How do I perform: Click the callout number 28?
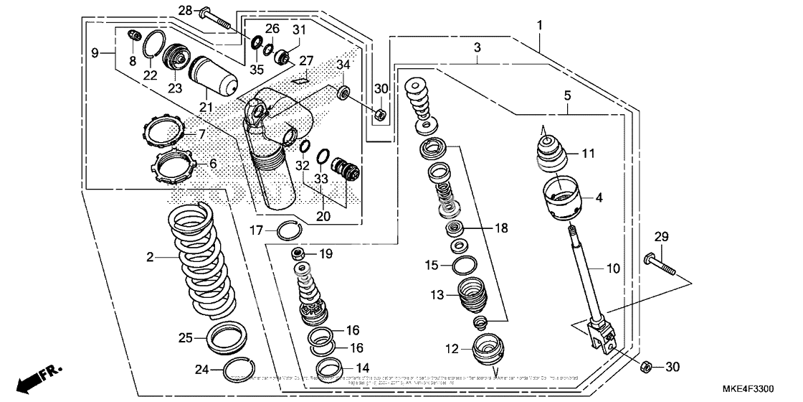pyautogui.click(x=185, y=10)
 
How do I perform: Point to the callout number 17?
pyautogui.click(x=257, y=230)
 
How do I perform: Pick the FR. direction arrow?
pyautogui.click(x=39, y=378)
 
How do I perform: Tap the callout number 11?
pyautogui.click(x=588, y=153)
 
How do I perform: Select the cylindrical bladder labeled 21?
pyautogui.click(x=212, y=75)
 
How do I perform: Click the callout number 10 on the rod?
pyautogui.click(x=613, y=268)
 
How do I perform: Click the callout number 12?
pyautogui.click(x=451, y=350)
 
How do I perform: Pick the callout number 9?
pyautogui.click(x=94, y=52)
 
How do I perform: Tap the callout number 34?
pyautogui.click(x=343, y=66)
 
